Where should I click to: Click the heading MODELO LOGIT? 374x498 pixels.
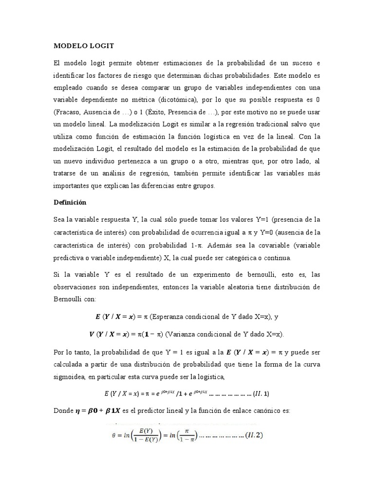coord(83,46)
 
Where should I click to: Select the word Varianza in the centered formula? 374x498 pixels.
coord(187,334)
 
